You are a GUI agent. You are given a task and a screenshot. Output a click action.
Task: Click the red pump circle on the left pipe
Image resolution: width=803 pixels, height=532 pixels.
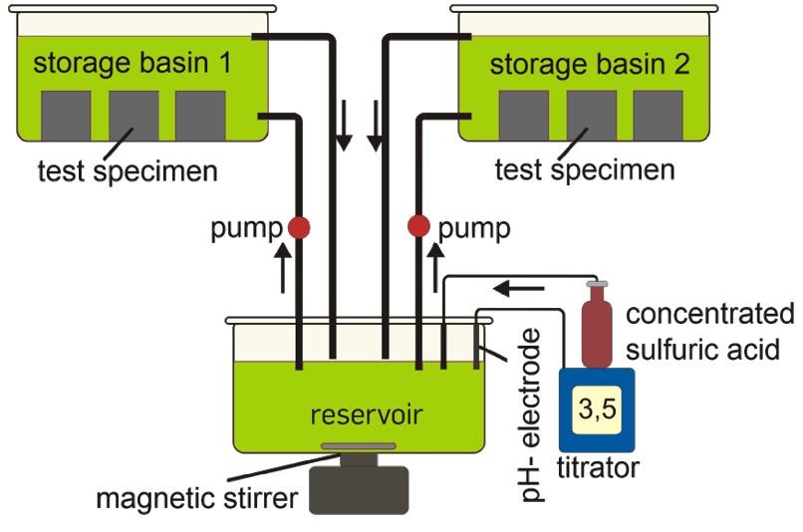299,228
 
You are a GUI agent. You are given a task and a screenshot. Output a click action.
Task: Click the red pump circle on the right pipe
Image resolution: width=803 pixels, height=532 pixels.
418,228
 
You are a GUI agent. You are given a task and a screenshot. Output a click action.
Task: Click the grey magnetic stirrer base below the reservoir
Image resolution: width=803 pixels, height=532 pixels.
360,488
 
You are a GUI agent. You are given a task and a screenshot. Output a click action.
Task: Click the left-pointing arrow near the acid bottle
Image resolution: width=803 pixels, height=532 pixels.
523,290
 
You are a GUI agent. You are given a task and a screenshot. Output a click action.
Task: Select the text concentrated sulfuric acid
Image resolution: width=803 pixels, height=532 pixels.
709,331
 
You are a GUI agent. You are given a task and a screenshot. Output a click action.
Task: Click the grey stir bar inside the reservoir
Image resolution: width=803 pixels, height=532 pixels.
359,446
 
